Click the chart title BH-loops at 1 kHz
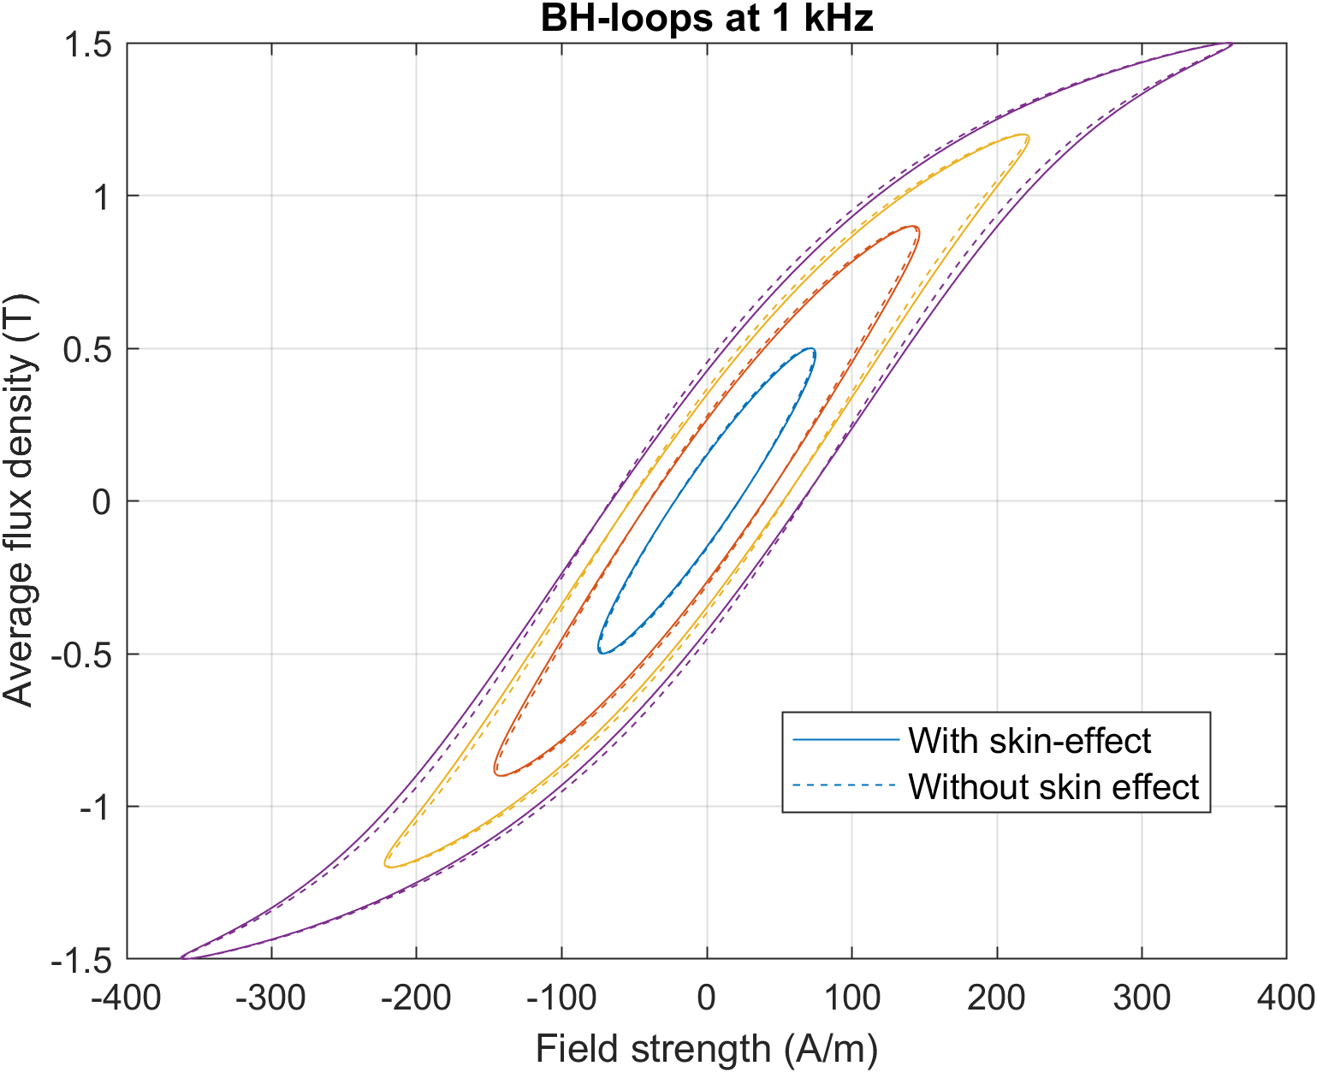[x=707, y=18]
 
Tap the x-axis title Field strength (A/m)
[x=707, y=1049]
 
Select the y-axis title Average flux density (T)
[x=19, y=500]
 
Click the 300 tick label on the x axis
[x=1142, y=998]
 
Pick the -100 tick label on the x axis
[x=561, y=998]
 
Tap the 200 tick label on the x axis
[x=997, y=998]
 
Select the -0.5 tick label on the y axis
[x=81, y=654]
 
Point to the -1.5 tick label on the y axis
[x=81, y=960]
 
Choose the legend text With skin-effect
[x=1029, y=741]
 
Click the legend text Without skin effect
[x=1053, y=786]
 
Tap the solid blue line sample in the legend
[x=845, y=740]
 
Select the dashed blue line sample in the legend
[x=845, y=785]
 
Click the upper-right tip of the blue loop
[x=813, y=350]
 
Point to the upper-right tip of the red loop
[x=917, y=228]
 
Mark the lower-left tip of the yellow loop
[x=387, y=865]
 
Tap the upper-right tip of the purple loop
[x=1231, y=44]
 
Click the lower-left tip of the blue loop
[x=601, y=652]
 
